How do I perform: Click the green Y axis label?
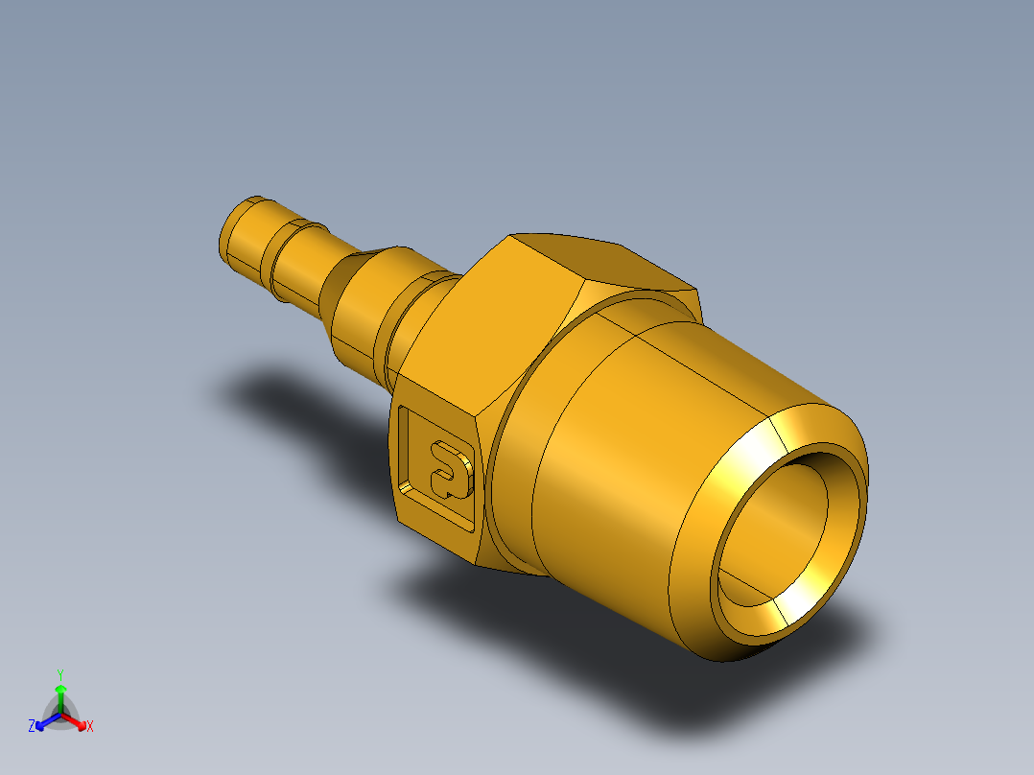(59, 673)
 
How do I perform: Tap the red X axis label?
(90, 727)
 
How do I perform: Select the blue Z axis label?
(32, 727)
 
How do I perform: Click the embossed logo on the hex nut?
(449, 467)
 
